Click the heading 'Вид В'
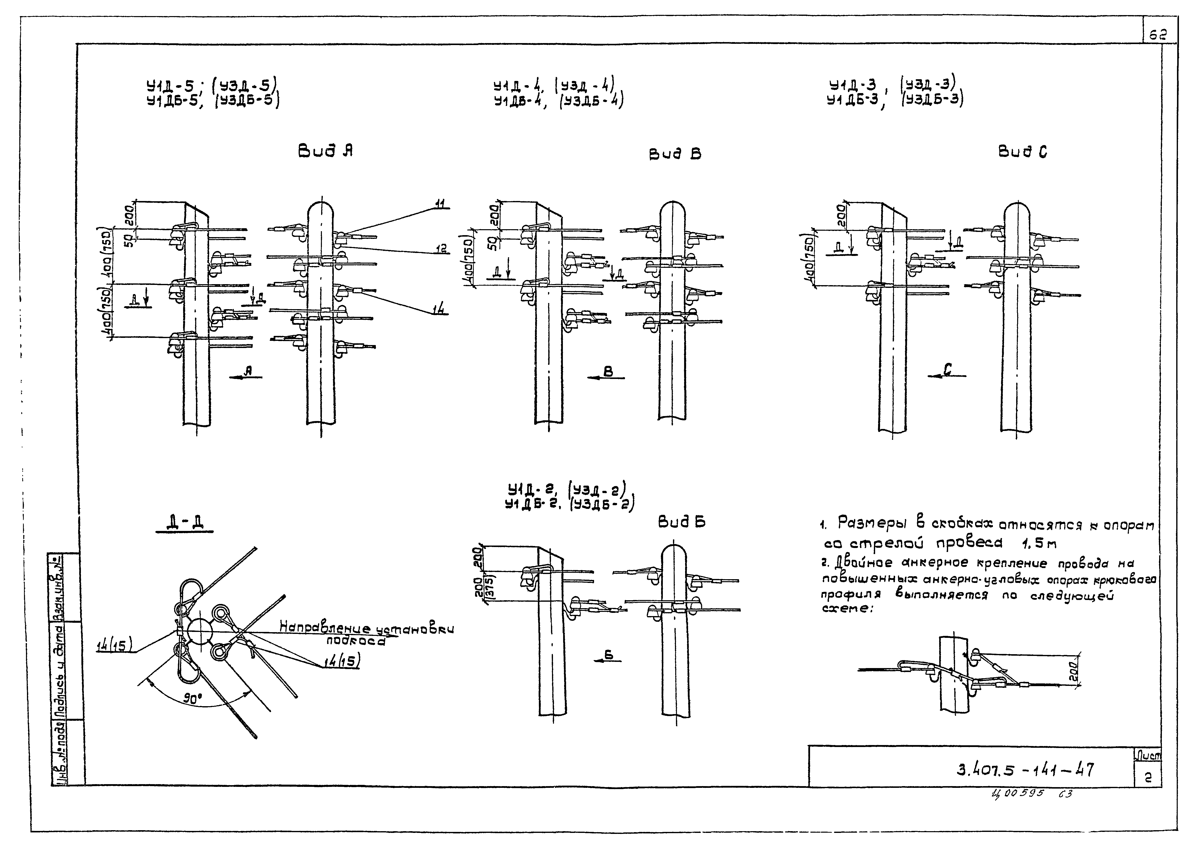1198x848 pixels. click(675, 154)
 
